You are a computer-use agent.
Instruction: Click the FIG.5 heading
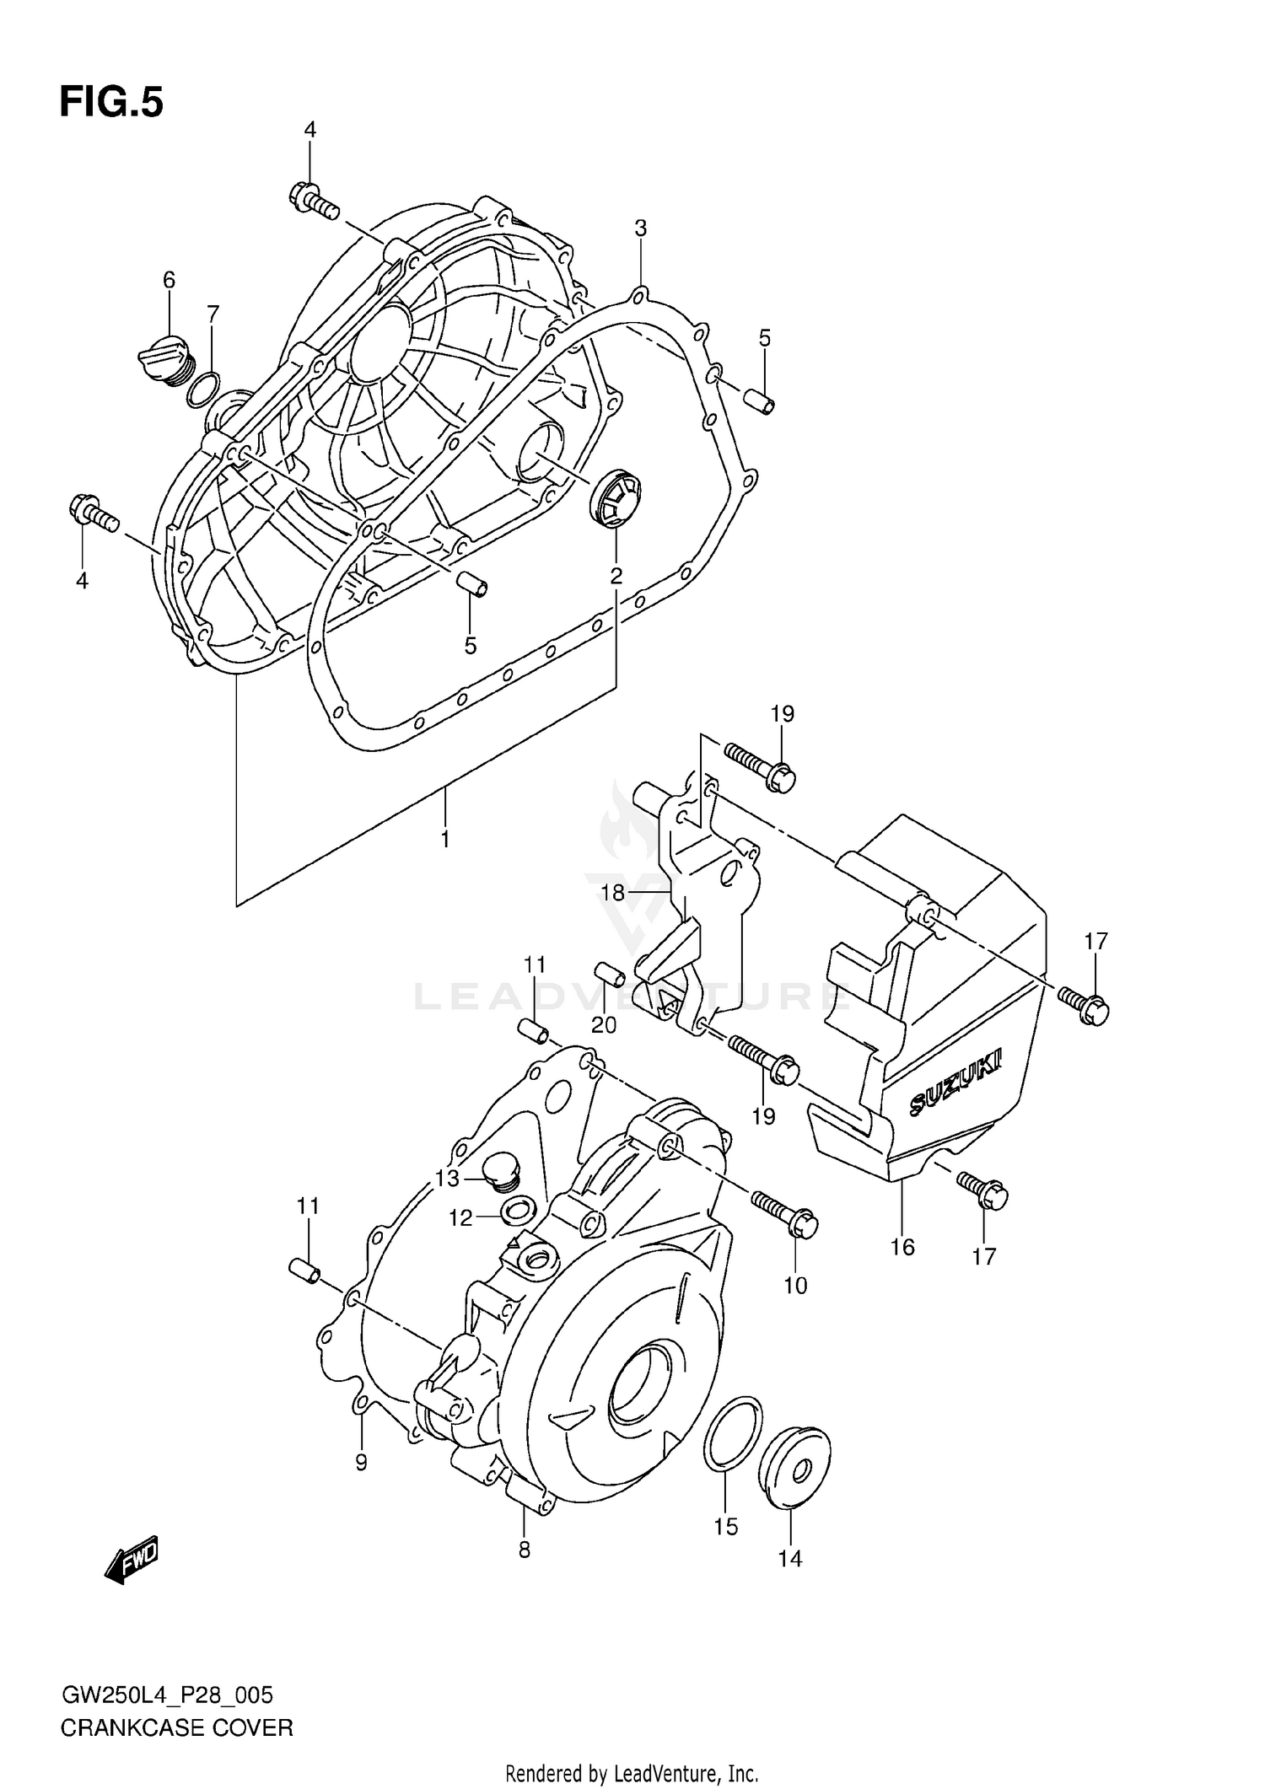click(x=111, y=103)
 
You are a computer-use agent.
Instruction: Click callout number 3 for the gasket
click(x=641, y=228)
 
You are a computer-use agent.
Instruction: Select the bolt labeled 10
click(x=784, y=1211)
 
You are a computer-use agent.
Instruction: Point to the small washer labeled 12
click(x=516, y=1212)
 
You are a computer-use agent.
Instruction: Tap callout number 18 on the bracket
click(x=613, y=892)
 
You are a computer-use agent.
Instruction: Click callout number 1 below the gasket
click(x=444, y=839)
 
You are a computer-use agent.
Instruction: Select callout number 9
click(x=361, y=1463)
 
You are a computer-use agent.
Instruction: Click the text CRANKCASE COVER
click(x=176, y=1727)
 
